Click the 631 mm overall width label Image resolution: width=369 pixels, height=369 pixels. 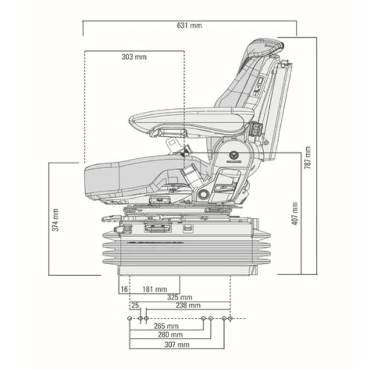(190, 25)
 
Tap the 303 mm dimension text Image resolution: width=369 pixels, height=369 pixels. (134, 57)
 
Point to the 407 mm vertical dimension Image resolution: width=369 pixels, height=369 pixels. (294, 213)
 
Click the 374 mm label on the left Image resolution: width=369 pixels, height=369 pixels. (55, 220)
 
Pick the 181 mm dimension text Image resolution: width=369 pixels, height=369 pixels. (155, 289)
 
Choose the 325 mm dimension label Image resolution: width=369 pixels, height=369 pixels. (180, 297)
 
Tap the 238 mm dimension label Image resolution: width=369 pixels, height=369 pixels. (188, 305)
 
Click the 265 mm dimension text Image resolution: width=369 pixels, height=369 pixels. (167, 327)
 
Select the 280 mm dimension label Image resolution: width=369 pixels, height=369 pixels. (170, 334)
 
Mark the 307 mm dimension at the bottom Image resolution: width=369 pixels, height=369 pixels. (177, 345)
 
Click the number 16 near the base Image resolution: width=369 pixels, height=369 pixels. (124, 289)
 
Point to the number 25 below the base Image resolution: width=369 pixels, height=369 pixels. (135, 305)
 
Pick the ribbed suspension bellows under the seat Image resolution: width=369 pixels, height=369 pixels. (184, 251)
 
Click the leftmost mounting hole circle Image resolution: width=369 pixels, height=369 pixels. (130, 318)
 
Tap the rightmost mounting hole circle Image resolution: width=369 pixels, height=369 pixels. (230, 318)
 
